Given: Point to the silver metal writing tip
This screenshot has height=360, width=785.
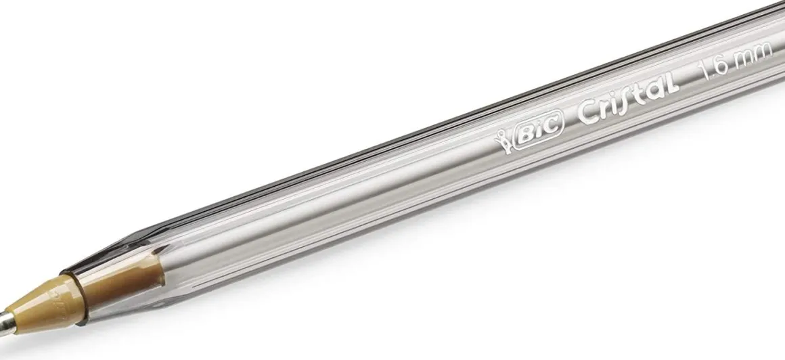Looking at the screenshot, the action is click(x=7, y=323).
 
